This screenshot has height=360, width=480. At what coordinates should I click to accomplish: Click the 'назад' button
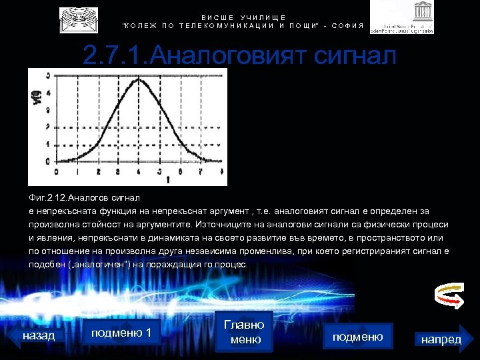click(x=39, y=335)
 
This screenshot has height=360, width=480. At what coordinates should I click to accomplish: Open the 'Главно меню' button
click(x=244, y=331)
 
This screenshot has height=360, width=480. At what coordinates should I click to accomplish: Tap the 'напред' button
click(x=441, y=339)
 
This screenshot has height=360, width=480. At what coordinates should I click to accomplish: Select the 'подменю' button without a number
click(x=357, y=337)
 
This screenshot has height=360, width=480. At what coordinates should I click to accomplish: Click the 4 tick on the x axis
click(x=139, y=171)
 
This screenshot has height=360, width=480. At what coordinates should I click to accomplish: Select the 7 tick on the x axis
click(x=201, y=171)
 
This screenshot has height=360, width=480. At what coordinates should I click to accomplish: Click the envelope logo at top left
click(x=78, y=20)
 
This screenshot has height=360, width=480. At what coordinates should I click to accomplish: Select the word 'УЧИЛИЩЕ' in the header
click(x=263, y=17)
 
